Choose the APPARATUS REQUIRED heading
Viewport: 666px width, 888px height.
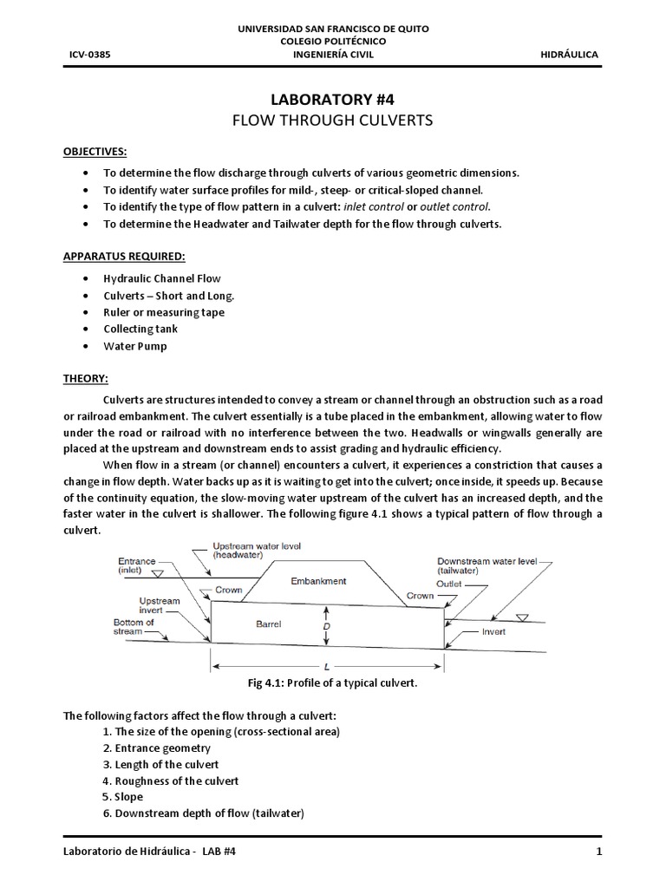coord(123,256)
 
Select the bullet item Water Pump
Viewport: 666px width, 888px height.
coord(135,346)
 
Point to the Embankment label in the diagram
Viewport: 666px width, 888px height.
coord(318,581)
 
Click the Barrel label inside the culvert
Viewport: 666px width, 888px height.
coord(269,624)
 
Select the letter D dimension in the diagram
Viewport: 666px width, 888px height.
coord(326,625)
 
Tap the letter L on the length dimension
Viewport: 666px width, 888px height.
coord(326,666)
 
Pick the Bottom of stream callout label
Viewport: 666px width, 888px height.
coord(134,628)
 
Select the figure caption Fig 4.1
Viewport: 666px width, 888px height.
coord(333,683)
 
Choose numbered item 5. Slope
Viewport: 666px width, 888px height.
coord(122,796)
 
